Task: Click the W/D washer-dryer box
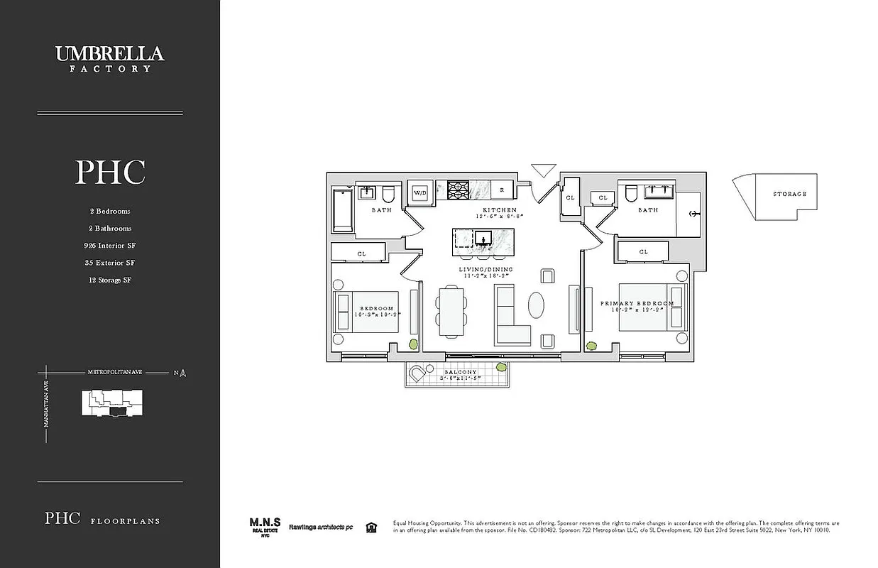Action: pyautogui.click(x=419, y=192)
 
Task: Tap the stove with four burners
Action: pyautogui.click(x=458, y=190)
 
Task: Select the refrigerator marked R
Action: pyautogui.click(x=501, y=190)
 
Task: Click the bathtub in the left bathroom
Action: pyautogui.click(x=342, y=209)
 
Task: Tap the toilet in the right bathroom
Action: pyautogui.click(x=630, y=194)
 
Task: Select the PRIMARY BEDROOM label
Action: pyautogui.click(x=637, y=303)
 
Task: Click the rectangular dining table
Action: pyautogui.click(x=451, y=311)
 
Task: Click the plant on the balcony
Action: pyautogui.click(x=502, y=367)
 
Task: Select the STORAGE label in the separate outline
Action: pyautogui.click(x=789, y=194)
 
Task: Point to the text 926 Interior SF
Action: pyautogui.click(x=109, y=246)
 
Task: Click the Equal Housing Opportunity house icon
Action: pyautogui.click(x=370, y=527)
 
